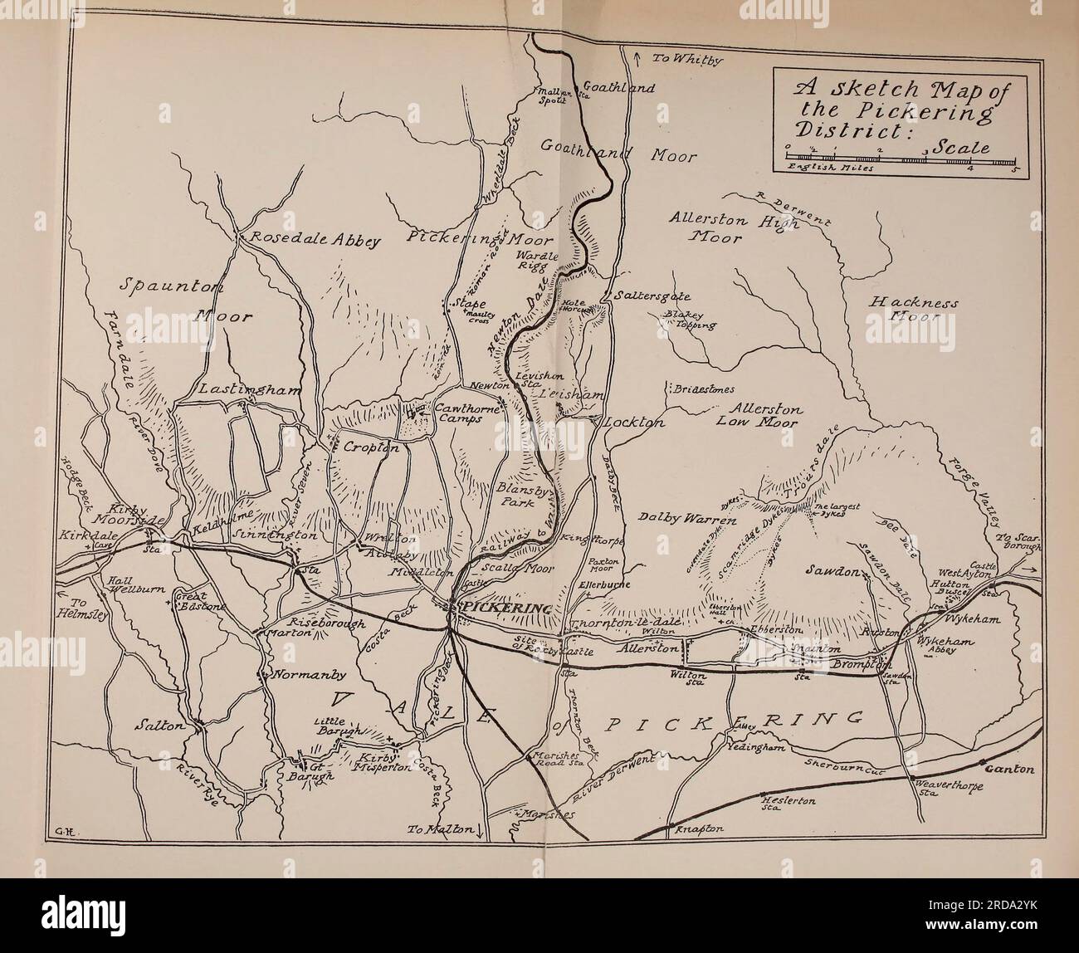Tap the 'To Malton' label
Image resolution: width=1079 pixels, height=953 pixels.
click(x=443, y=829)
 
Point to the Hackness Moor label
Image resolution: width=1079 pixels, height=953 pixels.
click(x=913, y=310)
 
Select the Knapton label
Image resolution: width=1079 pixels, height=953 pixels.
click(x=701, y=828)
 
